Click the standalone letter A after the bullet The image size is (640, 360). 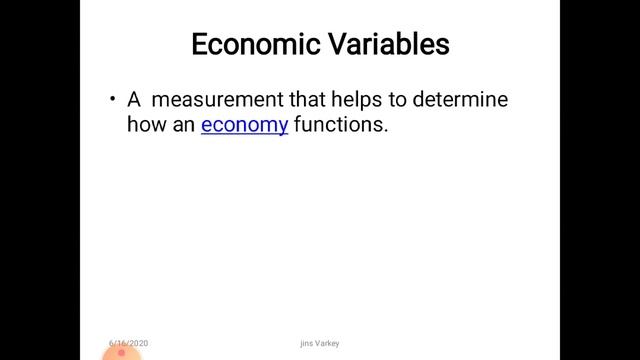133,100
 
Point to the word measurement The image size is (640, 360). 216,100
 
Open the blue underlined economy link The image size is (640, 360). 244,126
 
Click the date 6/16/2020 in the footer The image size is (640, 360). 129,342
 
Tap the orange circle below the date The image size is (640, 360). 122,353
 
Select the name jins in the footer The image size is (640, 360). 305,343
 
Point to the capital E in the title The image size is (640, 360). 199,45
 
